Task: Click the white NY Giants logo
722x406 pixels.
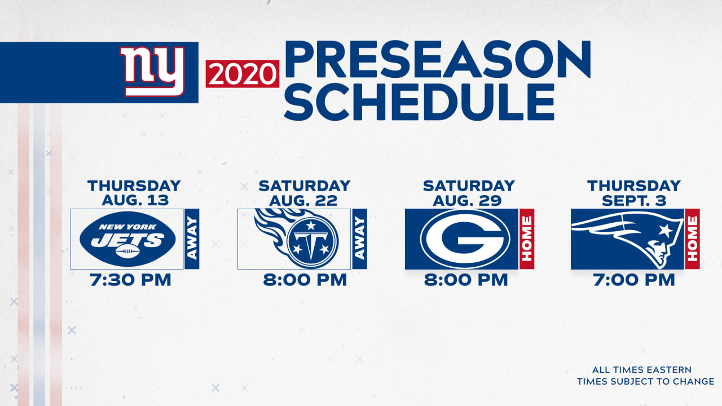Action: tap(152, 72)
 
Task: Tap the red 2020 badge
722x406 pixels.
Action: tap(243, 74)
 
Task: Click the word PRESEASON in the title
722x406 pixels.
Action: tap(437, 59)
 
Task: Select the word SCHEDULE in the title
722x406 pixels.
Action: tap(419, 102)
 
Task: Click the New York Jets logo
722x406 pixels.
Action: tap(127, 239)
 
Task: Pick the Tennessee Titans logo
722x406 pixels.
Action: tap(297, 239)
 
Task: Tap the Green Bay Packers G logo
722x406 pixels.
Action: tap(465, 239)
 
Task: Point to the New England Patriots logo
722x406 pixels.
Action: tap(627, 239)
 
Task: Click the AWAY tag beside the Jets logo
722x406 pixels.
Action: tap(192, 239)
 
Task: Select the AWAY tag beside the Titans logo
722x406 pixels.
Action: tap(360, 239)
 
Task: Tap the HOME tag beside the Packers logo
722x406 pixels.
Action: tap(527, 239)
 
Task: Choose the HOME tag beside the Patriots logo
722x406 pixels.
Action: tap(692, 239)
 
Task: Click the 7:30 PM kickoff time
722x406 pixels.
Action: tap(130, 280)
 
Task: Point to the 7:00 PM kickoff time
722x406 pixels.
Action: tap(634, 280)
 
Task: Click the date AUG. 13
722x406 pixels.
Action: tap(135, 200)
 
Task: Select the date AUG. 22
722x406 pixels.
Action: tap(303, 200)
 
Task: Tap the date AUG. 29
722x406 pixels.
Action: tap(468, 200)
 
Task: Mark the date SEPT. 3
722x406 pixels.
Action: tap(634, 200)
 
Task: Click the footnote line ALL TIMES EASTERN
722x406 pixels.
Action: tap(642, 369)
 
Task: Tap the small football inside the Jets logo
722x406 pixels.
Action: tap(127, 251)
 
